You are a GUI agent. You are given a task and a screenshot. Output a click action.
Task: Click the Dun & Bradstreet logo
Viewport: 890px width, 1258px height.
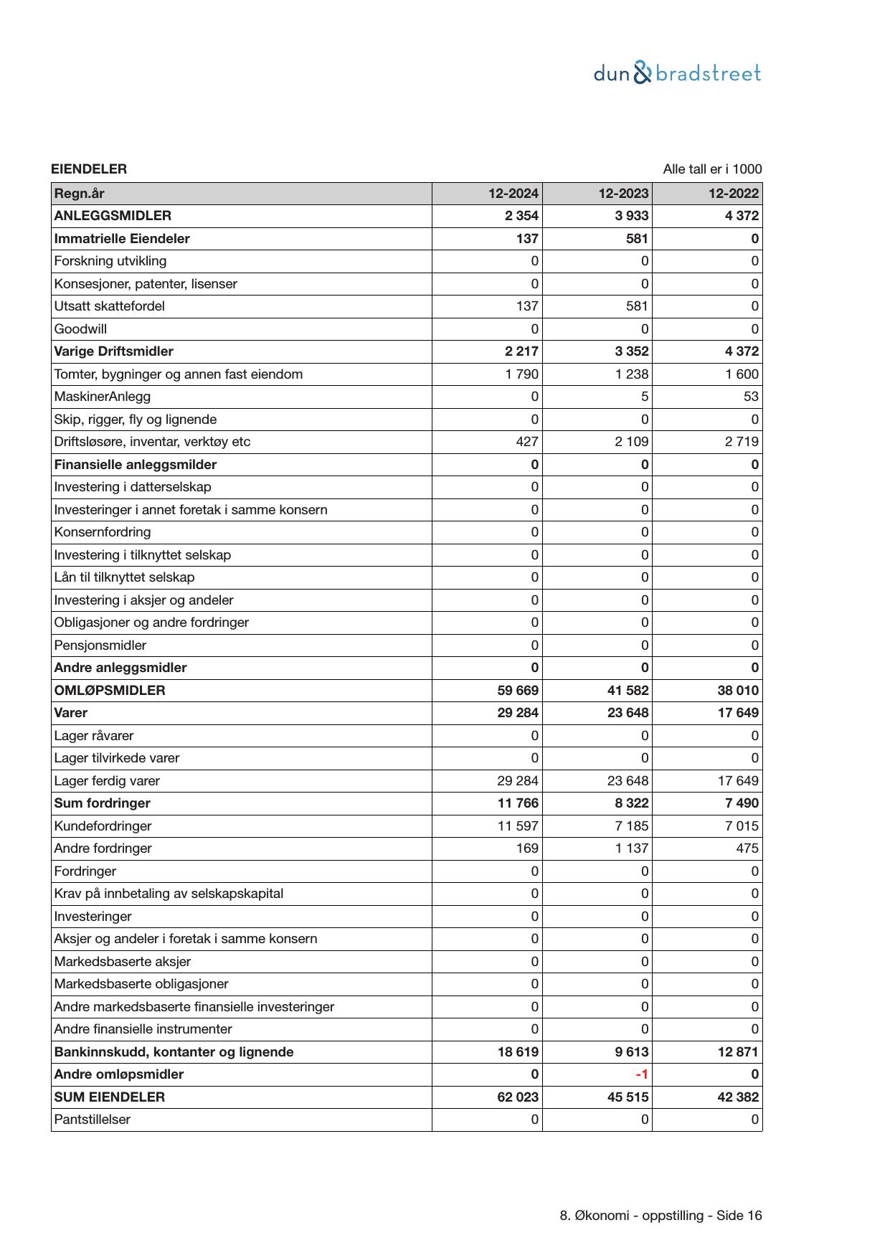coord(677,73)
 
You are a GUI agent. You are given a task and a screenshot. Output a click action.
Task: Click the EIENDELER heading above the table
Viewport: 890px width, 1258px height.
coord(89,169)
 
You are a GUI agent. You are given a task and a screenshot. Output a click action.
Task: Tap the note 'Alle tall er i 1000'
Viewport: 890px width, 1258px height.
coord(712,169)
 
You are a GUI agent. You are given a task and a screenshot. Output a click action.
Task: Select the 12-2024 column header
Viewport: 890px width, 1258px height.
coord(513,194)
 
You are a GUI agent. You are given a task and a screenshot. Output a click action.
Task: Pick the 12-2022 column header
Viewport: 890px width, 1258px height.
coord(733,194)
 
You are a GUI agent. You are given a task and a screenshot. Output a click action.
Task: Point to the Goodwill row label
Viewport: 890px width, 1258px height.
coord(80,329)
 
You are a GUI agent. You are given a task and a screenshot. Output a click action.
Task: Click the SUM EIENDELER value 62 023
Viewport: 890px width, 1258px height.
coord(518,1097)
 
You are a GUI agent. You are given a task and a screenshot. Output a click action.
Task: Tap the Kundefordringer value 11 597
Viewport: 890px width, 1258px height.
coord(518,826)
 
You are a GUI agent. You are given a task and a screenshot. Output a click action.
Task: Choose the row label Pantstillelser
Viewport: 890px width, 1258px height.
coord(93,1120)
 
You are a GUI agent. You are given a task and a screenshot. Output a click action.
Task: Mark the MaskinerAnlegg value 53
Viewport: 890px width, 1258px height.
coord(751,397)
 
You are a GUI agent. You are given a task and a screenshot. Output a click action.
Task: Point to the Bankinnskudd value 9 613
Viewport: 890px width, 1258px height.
coord(632,1052)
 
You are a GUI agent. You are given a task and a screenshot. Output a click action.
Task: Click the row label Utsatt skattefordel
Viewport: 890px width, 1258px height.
coord(109,306)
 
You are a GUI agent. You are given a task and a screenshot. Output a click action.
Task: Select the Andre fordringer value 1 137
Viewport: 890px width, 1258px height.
coord(632,848)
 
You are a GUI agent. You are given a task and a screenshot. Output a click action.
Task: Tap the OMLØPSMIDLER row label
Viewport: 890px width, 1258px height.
coord(110,691)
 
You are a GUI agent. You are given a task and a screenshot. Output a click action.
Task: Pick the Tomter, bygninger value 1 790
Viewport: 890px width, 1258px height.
coord(521,374)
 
